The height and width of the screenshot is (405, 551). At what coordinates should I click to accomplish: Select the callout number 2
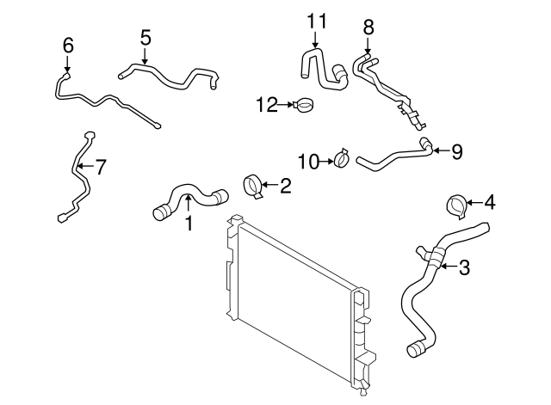286,184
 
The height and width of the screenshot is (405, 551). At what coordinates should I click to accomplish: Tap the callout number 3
465,267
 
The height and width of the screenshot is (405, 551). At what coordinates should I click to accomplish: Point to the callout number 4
490,203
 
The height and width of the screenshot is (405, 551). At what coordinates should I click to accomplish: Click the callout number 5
145,37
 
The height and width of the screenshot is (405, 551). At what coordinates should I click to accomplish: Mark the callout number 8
368,27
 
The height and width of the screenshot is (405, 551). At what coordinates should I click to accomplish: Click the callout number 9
456,151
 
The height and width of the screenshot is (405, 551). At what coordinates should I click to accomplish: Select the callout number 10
308,160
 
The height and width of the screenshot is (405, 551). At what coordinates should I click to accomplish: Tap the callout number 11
316,20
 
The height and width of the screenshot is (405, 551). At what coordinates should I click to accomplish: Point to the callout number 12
266,105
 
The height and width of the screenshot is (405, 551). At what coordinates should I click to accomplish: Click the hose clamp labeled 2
255,186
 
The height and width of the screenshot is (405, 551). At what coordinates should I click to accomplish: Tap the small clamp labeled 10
340,158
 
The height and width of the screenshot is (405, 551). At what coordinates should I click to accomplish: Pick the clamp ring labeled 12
303,106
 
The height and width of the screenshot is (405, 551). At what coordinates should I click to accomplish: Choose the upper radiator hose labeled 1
189,198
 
